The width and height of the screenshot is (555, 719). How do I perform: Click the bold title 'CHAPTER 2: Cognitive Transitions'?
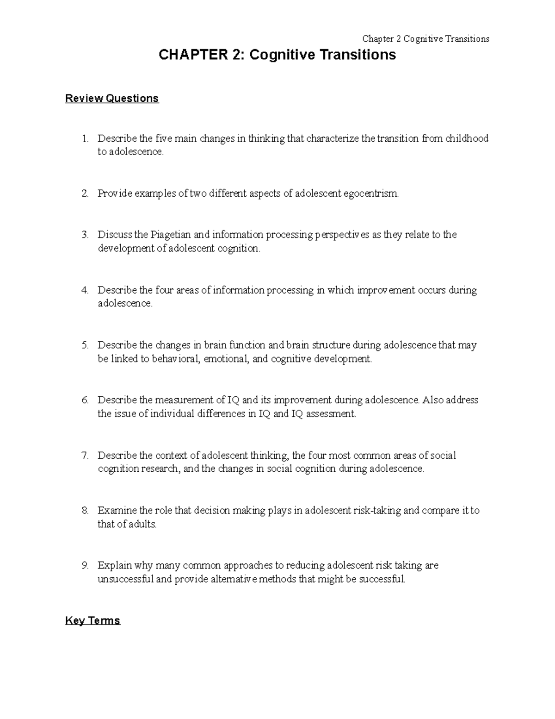(x=277, y=55)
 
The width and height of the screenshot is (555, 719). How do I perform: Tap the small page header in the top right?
(x=425, y=39)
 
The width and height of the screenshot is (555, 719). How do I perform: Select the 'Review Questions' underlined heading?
(x=112, y=99)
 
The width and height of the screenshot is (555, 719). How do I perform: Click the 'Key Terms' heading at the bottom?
(x=92, y=621)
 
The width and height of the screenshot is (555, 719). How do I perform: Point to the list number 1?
(x=84, y=138)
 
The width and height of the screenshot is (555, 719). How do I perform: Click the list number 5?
(x=84, y=345)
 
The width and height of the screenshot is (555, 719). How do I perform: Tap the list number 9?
(x=84, y=566)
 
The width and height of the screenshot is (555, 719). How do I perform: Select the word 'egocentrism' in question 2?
(x=370, y=194)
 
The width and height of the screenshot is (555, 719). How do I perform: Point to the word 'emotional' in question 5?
(x=226, y=359)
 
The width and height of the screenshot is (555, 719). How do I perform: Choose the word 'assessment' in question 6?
(x=331, y=414)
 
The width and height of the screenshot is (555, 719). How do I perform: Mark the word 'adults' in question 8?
(x=142, y=525)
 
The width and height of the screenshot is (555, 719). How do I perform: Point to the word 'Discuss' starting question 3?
(x=115, y=235)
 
